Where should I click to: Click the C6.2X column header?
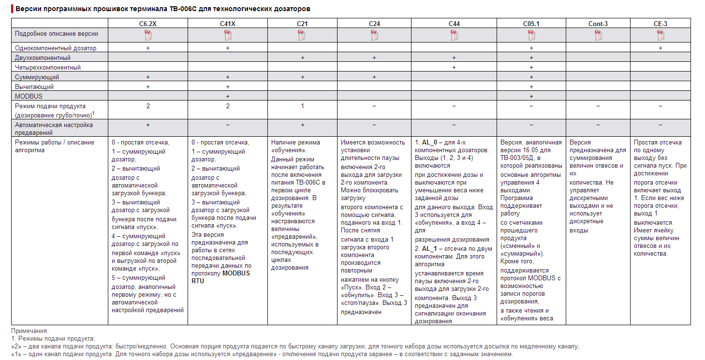pyautogui.click(x=148, y=24)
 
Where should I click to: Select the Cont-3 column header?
pyautogui.click(x=598, y=24)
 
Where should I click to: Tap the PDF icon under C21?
pyautogui.click(x=302, y=35)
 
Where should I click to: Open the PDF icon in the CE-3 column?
pyautogui.click(x=661, y=35)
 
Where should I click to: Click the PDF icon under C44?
pyautogui.click(x=454, y=35)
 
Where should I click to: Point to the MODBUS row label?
pyautogui.click(x=29, y=96)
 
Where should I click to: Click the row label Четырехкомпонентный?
pyautogui.click(x=48, y=67)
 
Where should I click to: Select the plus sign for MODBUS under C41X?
pyautogui.click(x=228, y=96)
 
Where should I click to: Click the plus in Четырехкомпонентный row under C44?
pyautogui.click(x=454, y=67)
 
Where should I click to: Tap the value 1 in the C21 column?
pyautogui.click(x=302, y=106)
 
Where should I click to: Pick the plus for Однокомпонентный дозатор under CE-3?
pyautogui.click(x=661, y=48)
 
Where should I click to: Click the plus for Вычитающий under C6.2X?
pyautogui.click(x=148, y=86)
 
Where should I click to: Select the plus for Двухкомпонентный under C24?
pyautogui.click(x=374, y=58)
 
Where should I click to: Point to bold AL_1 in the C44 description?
pyautogui.click(x=430, y=248)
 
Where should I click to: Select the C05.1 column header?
pyautogui.click(x=531, y=24)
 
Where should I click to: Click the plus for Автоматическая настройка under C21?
pyautogui.click(x=302, y=125)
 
